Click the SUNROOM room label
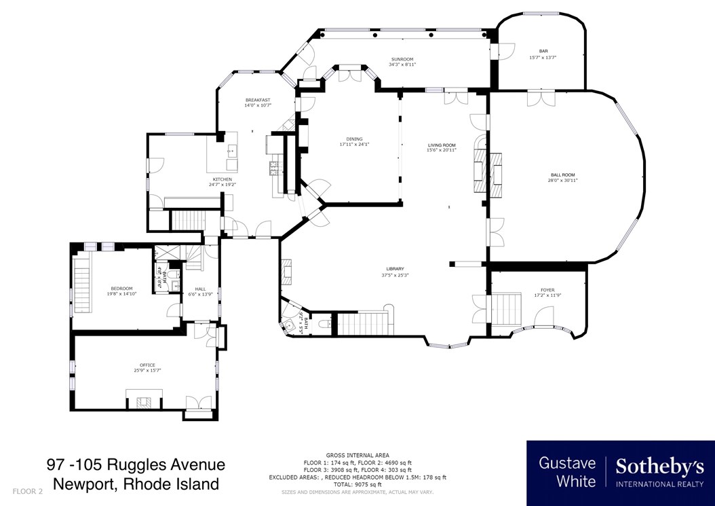pos(402,59)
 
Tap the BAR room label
pos(543,51)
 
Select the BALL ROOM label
pos(562,175)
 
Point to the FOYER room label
pos(547,290)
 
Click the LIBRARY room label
pos(395,269)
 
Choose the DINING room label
pos(354,139)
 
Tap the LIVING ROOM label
pos(441,145)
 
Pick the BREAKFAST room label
pos(258,100)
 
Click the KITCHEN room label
pos(222,179)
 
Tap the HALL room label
pos(200,288)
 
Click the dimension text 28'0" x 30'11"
pos(562,181)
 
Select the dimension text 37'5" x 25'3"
pos(395,274)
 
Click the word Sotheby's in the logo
pos(659,467)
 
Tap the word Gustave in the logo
pos(567,463)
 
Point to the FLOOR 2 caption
pos(28,490)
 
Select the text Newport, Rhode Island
pos(136,484)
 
